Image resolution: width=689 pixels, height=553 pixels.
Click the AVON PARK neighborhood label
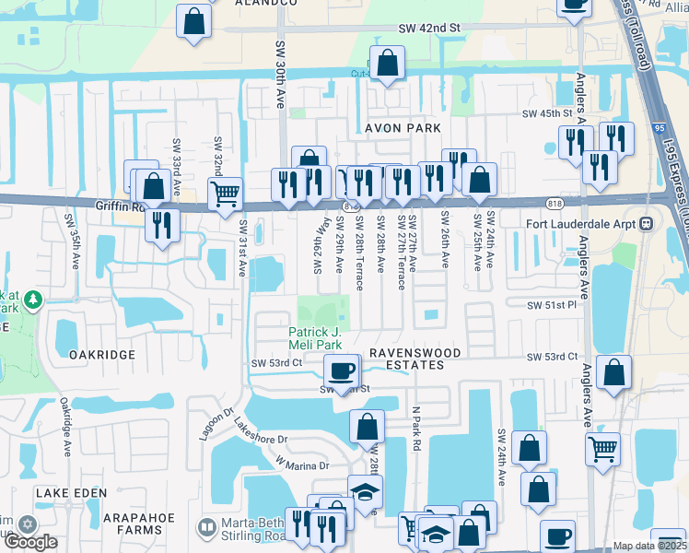(402, 128)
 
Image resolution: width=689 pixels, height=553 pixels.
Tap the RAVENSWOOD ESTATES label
(406, 359)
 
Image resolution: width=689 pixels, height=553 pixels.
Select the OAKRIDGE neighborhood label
(102, 354)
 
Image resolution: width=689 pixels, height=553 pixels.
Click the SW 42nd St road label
(429, 29)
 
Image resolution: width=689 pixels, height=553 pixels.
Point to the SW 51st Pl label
(551, 305)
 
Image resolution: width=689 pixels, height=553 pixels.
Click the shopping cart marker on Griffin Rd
(225, 194)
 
